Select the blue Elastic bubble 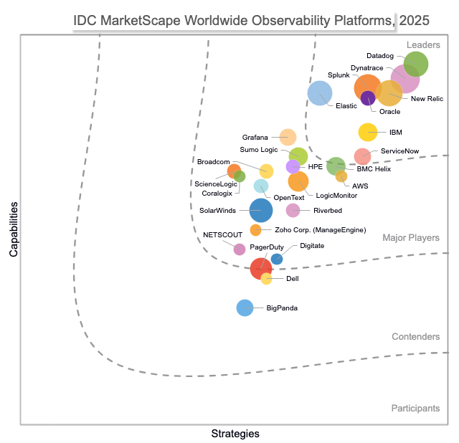click(x=320, y=92)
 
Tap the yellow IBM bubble click(x=368, y=132)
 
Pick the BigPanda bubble click(x=245, y=308)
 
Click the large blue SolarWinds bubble click(x=261, y=211)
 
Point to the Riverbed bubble click(x=293, y=210)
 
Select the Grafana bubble click(x=288, y=137)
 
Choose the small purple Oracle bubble click(x=368, y=98)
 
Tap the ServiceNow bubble click(x=363, y=156)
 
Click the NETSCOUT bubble click(x=240, y=249)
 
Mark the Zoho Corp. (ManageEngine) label click(x=321, y=230)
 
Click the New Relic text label click(x=427, y=98)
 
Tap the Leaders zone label click(x=423, y=45)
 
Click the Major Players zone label click(x=411, y=238)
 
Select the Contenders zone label click(x=416, y=337)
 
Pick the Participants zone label click(x=415, y=408)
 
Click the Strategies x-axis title click(x=235, y=434)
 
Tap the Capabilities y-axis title click(x=14, y=229)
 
